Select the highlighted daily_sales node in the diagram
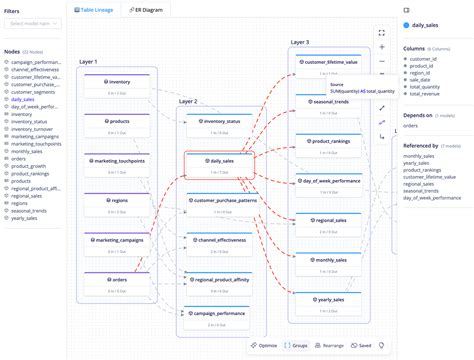(x=221, y=163)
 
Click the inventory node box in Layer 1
(x=119, y=86)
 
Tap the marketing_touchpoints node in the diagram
(x=119, y=163)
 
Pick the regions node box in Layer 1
(x=119, y=204)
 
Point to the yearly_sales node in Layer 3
(x=330, y=302)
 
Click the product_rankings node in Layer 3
(x=330, y=143)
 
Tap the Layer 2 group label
(x=189, y=101)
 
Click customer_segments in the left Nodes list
(x=36, y=92)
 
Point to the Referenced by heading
(x=425, y=146)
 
